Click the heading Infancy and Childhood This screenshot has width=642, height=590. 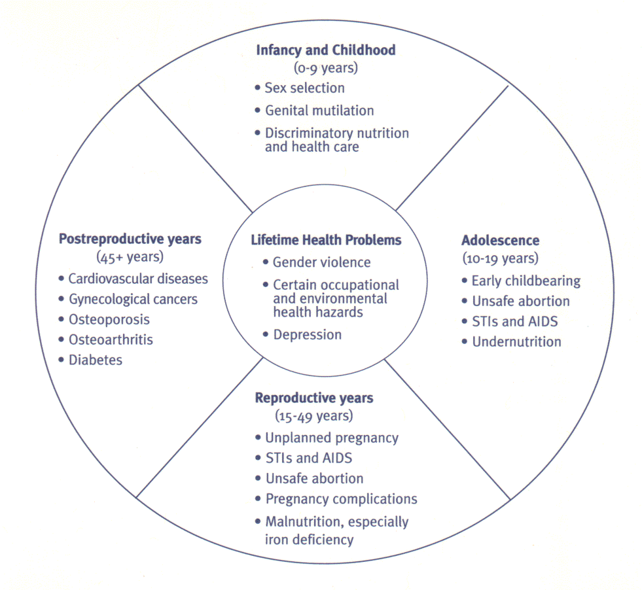(x=325, y=50)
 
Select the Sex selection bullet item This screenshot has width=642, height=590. (x=304, y=88)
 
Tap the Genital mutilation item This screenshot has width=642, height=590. (x=319, y=111)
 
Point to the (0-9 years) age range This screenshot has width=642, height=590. (x=325, y=67)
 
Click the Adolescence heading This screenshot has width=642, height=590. (x=500, y=240)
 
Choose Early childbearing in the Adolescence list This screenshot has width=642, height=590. (x=526, y=281)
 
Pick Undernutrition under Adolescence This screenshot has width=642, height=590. (x=516, y=341)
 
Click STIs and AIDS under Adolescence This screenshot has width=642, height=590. (x=514, y=321)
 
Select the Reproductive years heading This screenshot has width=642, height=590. (x=314, y=398)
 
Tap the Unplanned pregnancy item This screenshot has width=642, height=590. (x=332, y=438)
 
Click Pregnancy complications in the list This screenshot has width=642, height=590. (x=341, y=498)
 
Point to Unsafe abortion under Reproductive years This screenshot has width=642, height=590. (x=314, y=478)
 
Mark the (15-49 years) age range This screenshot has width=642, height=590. (x=314, y=415)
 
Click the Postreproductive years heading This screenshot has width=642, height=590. (x=130, y=239)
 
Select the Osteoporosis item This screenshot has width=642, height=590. (x=109, y=320)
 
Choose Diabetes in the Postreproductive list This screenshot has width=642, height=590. (x=95, y=360)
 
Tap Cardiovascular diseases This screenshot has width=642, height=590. (x=138, y=279)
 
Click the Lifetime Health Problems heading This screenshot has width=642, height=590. (x=326, y=240)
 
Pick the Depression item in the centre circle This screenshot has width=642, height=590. (x=307, y=334)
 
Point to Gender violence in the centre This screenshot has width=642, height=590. (x=321, y=262)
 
